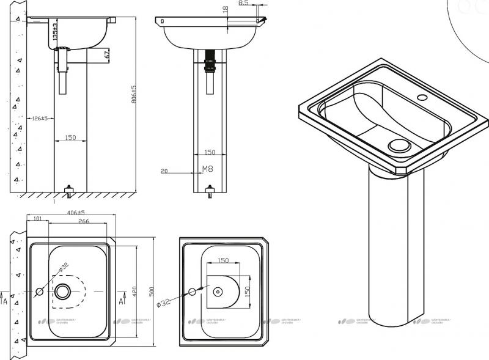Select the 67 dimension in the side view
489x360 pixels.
tap(106, 55)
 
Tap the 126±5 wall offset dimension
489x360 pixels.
tap(39, 119)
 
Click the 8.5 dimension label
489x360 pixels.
tap(243, 4)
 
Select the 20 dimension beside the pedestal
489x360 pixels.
tap(164, 172)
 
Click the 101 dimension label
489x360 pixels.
tap(37, 219)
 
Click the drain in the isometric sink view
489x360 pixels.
tap(400, 145)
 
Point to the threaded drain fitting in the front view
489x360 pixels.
tap(210, 61)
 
